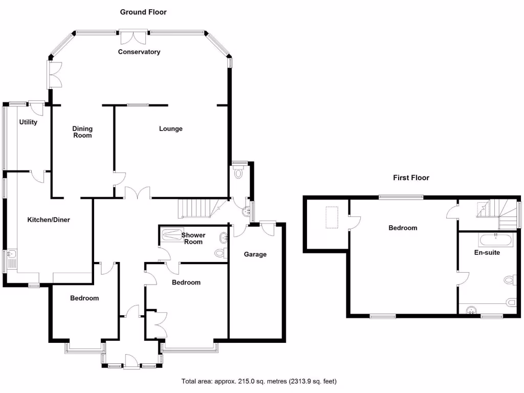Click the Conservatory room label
click(139, 52)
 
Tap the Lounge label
click(170, 128)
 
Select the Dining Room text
click(82, 132)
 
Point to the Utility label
click(28, 122)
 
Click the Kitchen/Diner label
click(48, 220)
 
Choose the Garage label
click(255, 254)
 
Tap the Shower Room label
click(193, 238)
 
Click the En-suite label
click(486, 252)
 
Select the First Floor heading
click(411, 178)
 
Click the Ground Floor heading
click(143, 12)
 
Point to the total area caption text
click(259, 381)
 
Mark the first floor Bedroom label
click(403, 228)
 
